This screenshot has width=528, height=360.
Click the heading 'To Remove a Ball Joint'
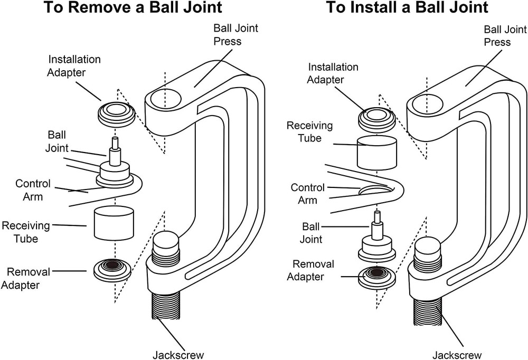pos(132,8)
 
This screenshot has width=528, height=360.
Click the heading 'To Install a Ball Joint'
pos(407,8)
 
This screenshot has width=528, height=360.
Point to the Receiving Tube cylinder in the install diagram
pos(377,152)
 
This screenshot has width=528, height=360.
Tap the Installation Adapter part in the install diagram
pos(377,118)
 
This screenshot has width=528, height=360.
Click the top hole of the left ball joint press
pos(166,98)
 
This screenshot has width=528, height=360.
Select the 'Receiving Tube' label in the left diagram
pos(26,232)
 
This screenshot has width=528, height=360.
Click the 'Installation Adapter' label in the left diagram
pos(74,66)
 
